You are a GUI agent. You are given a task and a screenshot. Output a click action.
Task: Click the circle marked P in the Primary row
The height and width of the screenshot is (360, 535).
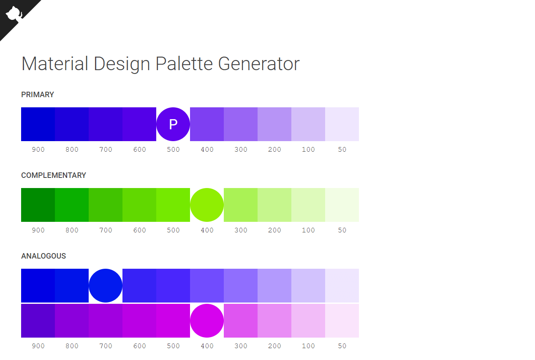173,124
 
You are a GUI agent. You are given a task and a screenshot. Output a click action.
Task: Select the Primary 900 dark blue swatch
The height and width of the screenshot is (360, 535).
38,124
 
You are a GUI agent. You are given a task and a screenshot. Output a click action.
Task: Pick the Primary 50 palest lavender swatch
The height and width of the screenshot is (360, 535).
342,124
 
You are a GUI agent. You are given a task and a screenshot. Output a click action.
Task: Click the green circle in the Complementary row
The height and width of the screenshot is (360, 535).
207,205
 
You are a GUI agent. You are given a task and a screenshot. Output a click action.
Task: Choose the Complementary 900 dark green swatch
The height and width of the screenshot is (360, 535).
38,205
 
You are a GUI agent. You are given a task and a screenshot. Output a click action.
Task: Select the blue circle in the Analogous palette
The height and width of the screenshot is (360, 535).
106,286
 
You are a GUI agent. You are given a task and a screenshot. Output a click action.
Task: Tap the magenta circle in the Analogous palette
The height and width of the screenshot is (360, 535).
207,321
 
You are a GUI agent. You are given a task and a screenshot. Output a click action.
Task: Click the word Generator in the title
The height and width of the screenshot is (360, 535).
259,64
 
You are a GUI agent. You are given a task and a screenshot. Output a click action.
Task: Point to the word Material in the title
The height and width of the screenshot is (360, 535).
55,64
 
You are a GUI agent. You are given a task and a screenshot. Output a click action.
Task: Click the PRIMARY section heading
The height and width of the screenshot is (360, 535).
38,95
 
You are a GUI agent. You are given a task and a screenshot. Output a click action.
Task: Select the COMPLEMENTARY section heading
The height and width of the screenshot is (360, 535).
54,175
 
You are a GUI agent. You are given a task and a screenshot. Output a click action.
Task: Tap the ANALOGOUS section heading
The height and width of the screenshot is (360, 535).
43,256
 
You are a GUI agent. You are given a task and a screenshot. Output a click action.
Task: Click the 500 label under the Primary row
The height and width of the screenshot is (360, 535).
173,150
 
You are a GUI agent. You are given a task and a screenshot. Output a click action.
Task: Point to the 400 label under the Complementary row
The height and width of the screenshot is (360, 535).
207,230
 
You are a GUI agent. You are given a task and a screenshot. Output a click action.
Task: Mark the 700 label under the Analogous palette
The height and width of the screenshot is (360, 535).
106,346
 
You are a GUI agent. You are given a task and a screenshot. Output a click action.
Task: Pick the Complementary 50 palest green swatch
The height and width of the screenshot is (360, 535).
342,205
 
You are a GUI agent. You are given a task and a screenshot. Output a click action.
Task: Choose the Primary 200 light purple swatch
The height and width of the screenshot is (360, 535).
274,124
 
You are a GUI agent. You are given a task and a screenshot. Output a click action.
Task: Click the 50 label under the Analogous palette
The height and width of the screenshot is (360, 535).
342,346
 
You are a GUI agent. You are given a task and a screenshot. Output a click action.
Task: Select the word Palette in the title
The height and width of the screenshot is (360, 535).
184,64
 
